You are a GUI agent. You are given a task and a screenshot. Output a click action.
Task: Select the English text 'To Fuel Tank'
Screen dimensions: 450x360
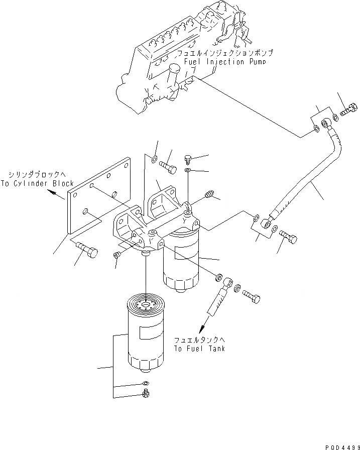point(200,349)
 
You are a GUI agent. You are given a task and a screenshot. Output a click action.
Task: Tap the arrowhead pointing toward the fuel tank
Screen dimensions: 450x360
point(204,329)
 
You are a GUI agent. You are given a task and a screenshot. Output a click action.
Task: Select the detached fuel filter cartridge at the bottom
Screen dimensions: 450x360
point(144,336)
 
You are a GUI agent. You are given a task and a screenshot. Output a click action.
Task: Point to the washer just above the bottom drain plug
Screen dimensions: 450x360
point(146,385)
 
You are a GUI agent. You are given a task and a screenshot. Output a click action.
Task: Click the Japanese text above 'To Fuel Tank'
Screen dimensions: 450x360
point(200,339)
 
